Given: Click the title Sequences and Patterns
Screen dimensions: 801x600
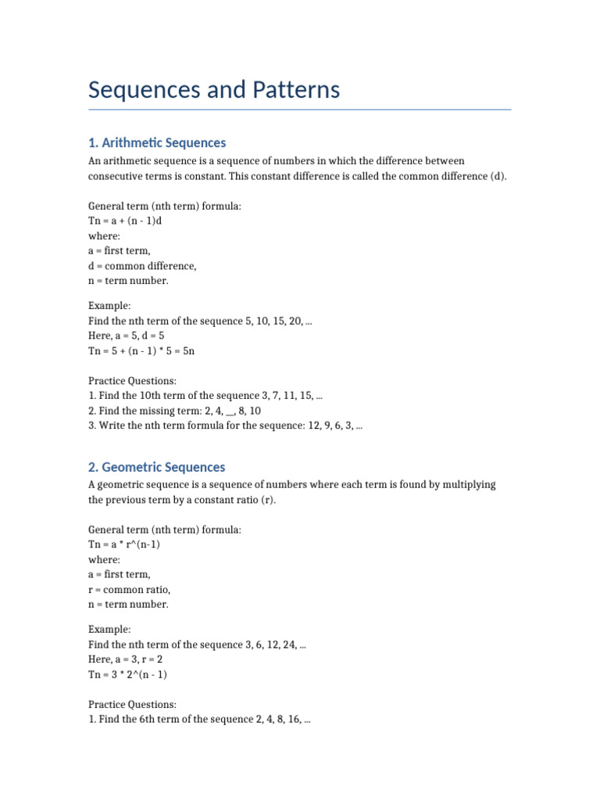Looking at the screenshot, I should [x=214, y=90].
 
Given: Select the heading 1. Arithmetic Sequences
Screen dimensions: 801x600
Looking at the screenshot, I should [x=157, y=142].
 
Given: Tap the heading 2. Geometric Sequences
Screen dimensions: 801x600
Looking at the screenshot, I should [x=156, y=467].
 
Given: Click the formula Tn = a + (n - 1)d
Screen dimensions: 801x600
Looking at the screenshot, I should [x=125, y=221].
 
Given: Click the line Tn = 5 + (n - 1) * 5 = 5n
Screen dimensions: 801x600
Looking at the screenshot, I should [x=141, y=351].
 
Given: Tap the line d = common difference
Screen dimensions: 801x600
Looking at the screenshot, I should [x=142, y=266].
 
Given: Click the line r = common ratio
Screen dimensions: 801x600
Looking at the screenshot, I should [x=129, y=589].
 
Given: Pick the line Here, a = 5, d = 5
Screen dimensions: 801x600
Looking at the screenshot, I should [x=127, y=336].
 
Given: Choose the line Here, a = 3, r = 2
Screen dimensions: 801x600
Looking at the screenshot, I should [x=125, y=660].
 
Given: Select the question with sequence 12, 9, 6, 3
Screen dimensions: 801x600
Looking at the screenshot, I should [x=225, y=426].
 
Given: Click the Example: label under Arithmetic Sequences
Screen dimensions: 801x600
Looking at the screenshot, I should [x=109, y=306].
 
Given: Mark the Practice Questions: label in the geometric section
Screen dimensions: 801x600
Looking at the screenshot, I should [x=132, y=705].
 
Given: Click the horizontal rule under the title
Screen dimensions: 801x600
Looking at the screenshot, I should [x=300, y=110].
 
